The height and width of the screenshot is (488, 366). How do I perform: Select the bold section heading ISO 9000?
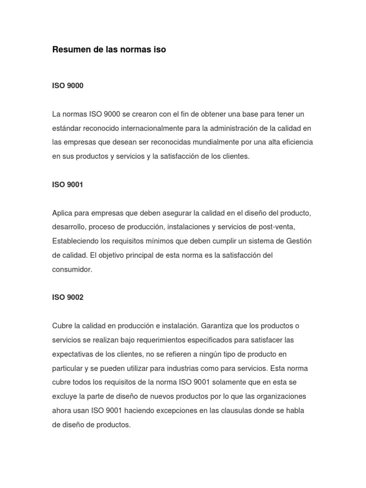coord(68,86)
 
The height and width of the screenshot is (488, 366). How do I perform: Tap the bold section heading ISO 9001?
coord(68,184)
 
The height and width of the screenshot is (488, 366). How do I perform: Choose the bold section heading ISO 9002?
coord(68,297)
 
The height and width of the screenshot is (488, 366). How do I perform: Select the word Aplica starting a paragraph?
coord(62,213)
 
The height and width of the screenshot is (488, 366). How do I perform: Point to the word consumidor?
coord(71,269)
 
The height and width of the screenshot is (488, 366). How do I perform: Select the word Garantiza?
coord(217,325)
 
